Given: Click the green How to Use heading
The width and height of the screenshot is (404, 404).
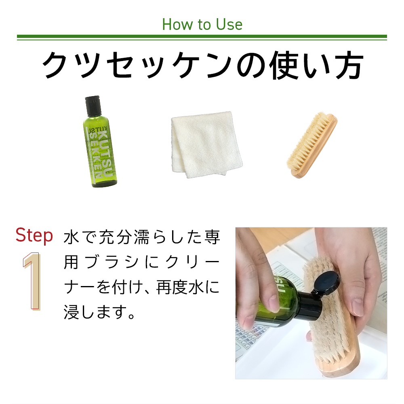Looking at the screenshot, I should pos(202,25).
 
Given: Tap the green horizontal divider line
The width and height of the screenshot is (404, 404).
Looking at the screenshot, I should pos(202,38).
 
